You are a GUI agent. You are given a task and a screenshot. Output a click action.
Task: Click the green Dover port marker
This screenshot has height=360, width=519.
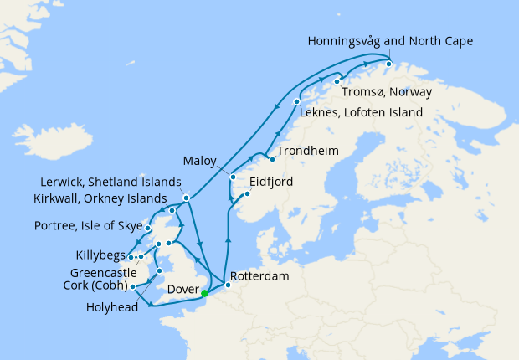pos(204,293)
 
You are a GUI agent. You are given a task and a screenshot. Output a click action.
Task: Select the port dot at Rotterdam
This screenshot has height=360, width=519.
pos(228,285)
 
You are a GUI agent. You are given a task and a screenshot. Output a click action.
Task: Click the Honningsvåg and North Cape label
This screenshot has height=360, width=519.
pos(390,40)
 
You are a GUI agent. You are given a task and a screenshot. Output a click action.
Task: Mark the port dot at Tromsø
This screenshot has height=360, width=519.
pos(337,81)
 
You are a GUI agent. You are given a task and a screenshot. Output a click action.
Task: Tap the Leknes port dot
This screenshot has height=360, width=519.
pos(297,101)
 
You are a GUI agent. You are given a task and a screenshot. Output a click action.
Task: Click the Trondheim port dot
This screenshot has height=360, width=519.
pos(271,159)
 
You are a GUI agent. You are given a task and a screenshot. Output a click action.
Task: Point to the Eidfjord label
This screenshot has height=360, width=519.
pos(271,181)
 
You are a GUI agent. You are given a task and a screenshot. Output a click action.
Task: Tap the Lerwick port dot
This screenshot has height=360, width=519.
pos(186,198)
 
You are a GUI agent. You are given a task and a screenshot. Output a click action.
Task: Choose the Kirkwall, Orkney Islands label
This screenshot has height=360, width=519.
pos(108,198)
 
